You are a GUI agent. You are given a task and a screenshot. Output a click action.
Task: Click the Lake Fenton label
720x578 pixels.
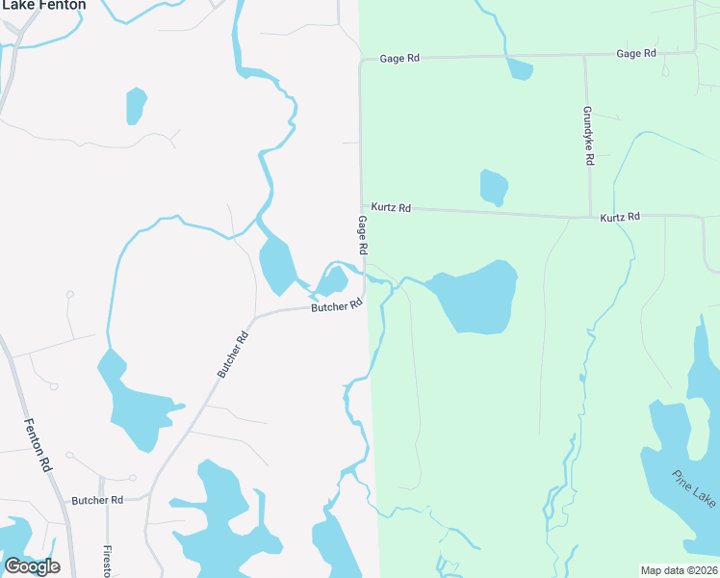point(42,5)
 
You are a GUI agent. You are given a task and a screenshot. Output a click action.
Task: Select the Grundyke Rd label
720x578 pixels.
point(588,135)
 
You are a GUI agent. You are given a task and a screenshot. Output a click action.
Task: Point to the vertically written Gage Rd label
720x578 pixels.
point(363,235)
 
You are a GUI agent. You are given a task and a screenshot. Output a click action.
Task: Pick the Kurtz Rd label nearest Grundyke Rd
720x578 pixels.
point(620,218)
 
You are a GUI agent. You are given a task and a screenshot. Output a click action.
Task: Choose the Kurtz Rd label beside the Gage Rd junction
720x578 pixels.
point(392,207)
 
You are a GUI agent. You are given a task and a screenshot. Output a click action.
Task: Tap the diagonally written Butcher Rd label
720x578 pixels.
point(233,354)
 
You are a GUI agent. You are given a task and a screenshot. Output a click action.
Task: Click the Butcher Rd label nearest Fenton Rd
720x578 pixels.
point(97,500)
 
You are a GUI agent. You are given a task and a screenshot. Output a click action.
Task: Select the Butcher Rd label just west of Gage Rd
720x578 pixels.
point(336,306)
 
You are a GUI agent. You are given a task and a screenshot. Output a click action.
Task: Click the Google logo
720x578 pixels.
point(32,566)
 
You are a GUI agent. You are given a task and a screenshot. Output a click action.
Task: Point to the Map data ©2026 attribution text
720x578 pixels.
point(679,570)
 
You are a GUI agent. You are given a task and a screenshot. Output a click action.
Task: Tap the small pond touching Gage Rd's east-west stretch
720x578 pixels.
point(519,69)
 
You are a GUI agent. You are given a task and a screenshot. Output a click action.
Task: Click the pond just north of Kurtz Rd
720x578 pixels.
point(494,187)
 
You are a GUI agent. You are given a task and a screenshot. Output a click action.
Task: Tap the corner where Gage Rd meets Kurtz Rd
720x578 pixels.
point(361,204)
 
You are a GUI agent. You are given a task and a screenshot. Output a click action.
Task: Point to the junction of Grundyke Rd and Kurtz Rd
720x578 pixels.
point(589,217)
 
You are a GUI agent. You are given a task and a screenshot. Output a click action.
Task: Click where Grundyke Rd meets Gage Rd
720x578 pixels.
point(584,55)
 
